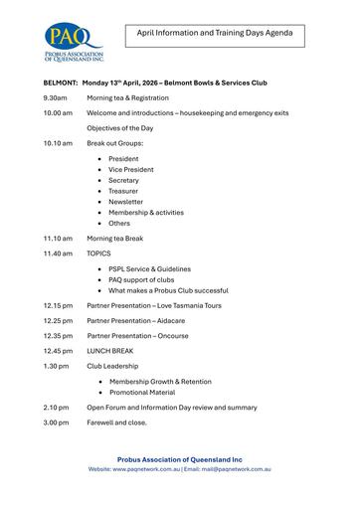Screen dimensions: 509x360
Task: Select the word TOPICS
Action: tap(98, 254)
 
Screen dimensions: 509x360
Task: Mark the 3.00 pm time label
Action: tap(56, 423)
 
